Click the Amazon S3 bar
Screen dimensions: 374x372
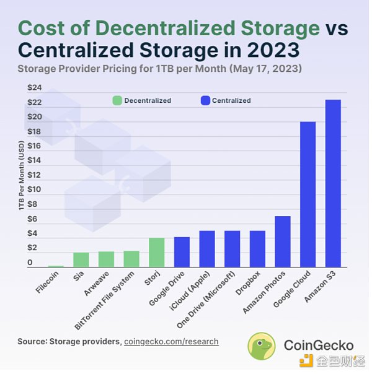(x=333, y=183)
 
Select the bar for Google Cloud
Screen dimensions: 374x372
(x=308, y=194)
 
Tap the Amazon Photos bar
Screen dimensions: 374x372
(x=283, y=241)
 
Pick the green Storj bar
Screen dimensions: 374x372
(x=157, y=253)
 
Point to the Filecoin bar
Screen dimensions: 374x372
(x=56, y=266)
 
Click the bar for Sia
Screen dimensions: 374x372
(x=81, y=260)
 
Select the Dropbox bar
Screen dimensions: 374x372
(x=257, y=249)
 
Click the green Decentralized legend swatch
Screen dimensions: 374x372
(x=117, y=100)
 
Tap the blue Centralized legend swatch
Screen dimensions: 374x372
(x=205, y=100)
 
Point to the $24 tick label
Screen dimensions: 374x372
(x=33, y=87)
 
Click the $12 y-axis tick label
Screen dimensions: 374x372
(x=33, y=175)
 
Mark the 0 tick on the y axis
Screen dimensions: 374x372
(x=30, y=263)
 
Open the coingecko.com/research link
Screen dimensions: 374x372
(x=171, y=341)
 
